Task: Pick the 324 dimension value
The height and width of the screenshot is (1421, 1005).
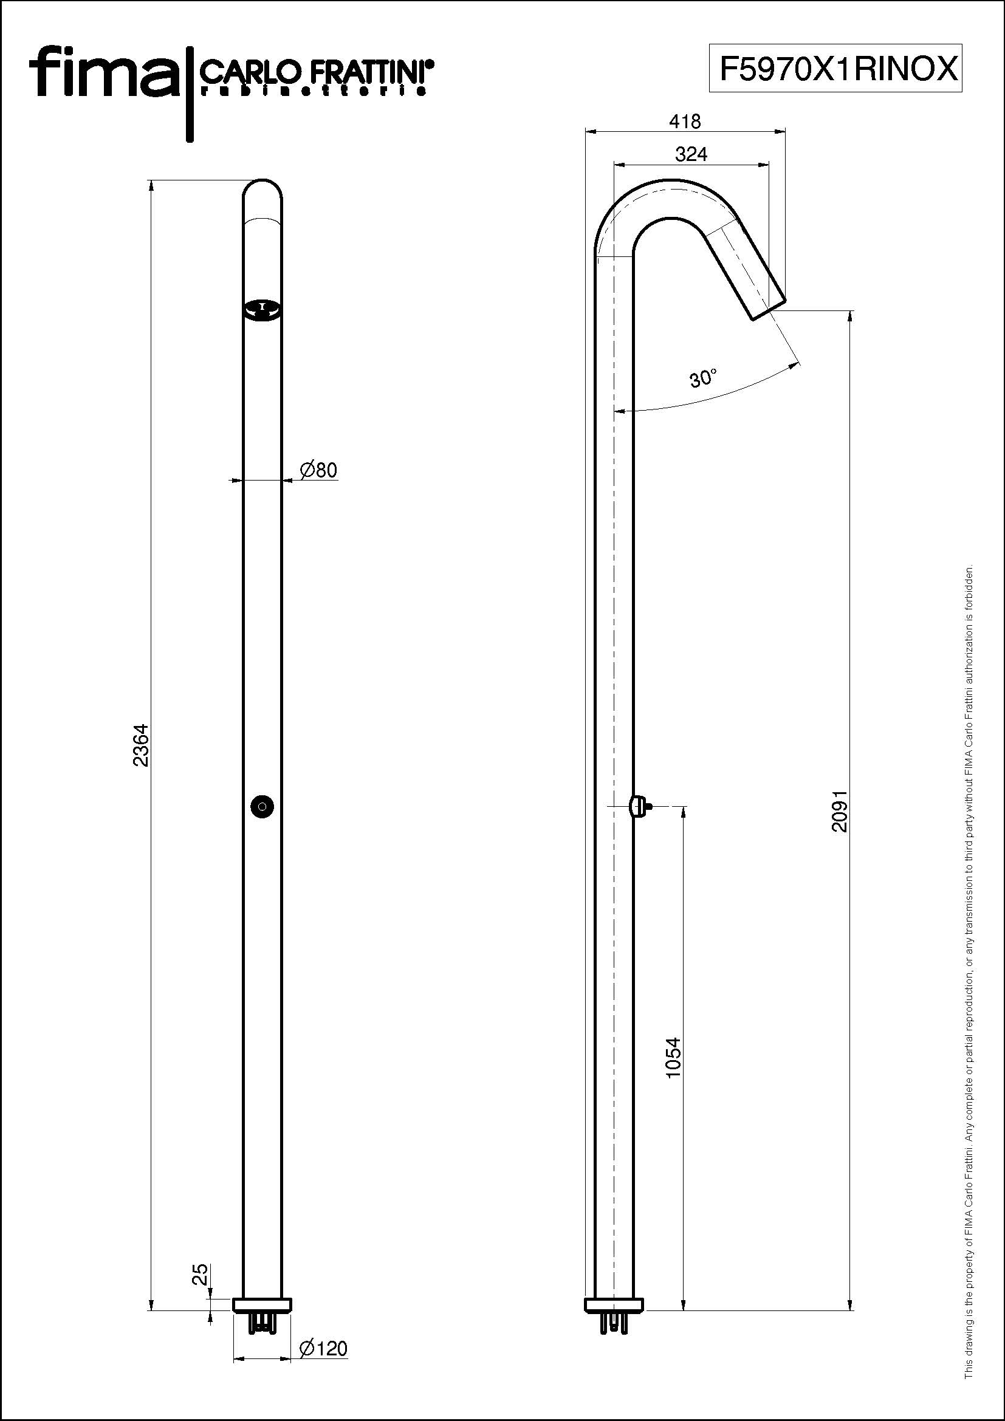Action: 691,154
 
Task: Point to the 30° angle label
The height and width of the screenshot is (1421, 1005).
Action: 704,378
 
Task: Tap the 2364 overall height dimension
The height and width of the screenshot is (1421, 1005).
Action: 141,745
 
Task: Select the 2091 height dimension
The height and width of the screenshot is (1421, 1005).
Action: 839,810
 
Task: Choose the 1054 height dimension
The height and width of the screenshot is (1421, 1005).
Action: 673,1058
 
